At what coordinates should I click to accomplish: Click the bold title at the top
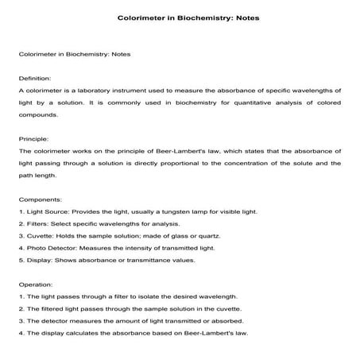tap(180, 17)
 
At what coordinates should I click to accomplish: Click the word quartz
tap(219, 236)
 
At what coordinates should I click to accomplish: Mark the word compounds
tap(37, 114)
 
